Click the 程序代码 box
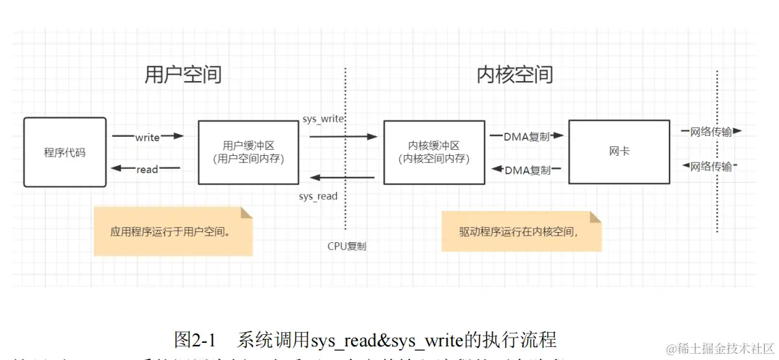coord(65,152)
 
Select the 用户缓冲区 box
coord(248,152)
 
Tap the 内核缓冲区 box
coord(434,152)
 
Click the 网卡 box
coord(619,151)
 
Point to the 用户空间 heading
coord(183,74)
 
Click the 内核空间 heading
coord(514,74)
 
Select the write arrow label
coord(147,137)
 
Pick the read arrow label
coord(147,169)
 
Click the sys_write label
coord(323,119)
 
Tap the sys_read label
coord(318,196)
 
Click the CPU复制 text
coord(347,246)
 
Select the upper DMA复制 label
coord(527,136)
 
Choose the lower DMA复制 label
coord(528,170)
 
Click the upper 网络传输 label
coord(711,132)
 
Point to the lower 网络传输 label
coord(711,166)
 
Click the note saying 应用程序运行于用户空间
coord(173,231)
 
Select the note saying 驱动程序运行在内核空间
coord(521,231)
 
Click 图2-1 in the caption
coord(195,339)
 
